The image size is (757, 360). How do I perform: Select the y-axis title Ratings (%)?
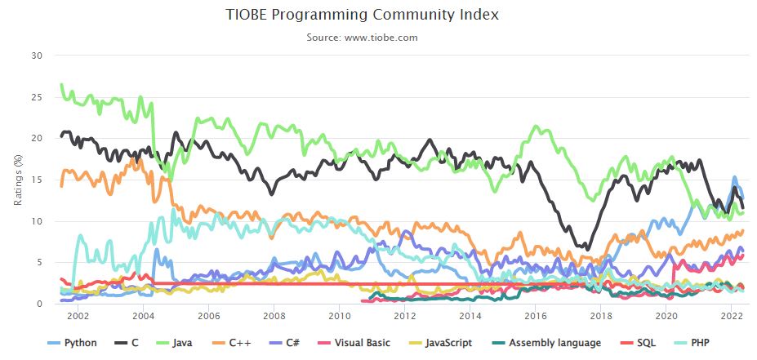(18, 180)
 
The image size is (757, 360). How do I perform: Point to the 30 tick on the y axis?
(36, 56)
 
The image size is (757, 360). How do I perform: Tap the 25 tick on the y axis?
(36, 97)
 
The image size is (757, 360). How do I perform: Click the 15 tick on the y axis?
(36, 180)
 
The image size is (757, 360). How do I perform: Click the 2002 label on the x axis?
(78, 316)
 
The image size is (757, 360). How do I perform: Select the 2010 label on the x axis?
(339, 316)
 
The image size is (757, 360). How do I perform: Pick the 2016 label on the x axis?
(536, 316)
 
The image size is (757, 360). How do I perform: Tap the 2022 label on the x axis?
(732, 316)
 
